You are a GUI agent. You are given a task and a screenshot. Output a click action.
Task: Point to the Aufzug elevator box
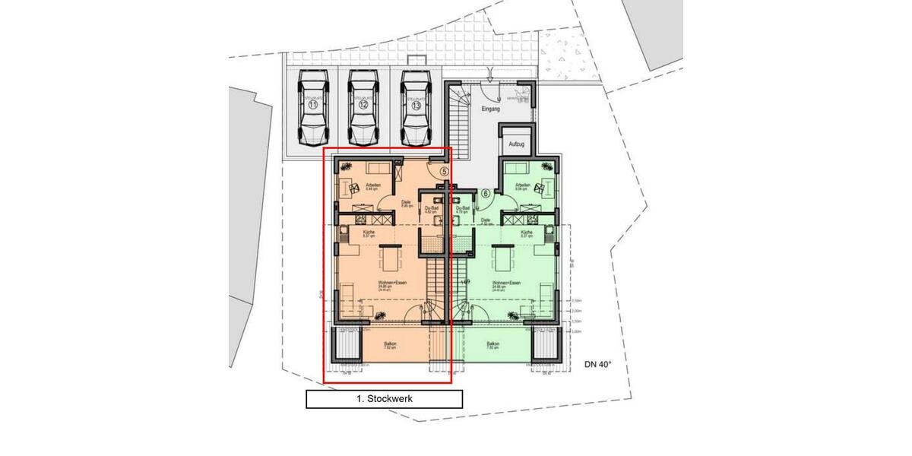517,143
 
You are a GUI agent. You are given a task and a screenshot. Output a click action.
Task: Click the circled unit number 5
444,172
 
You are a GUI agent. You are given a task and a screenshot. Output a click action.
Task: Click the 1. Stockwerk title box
384,398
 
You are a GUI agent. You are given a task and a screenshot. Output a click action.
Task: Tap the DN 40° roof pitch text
598,365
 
